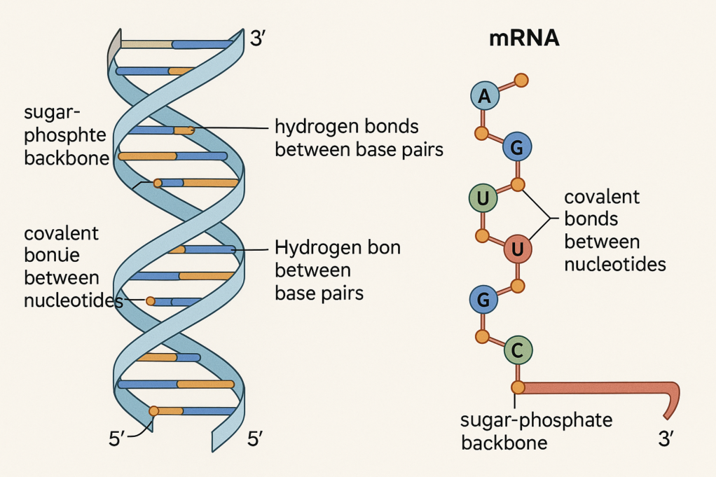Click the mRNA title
tap(523, 39)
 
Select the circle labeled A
tap(484, 97)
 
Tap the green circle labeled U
tap(482, 199)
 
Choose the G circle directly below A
tap(517, 147)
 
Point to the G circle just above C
tap(483, 300)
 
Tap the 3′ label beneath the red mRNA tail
tap(666, 439)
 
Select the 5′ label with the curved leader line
tap(117, 439)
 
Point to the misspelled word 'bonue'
tap(52, 255)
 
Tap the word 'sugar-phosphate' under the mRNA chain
tap(536, 420)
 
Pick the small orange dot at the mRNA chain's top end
tap(520, 80)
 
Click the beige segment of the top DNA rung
tap(146, 44)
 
